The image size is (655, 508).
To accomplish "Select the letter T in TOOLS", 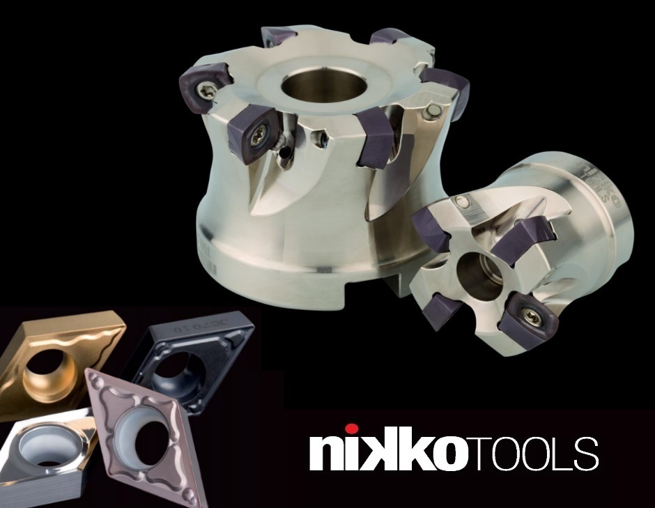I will point(479,454).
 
